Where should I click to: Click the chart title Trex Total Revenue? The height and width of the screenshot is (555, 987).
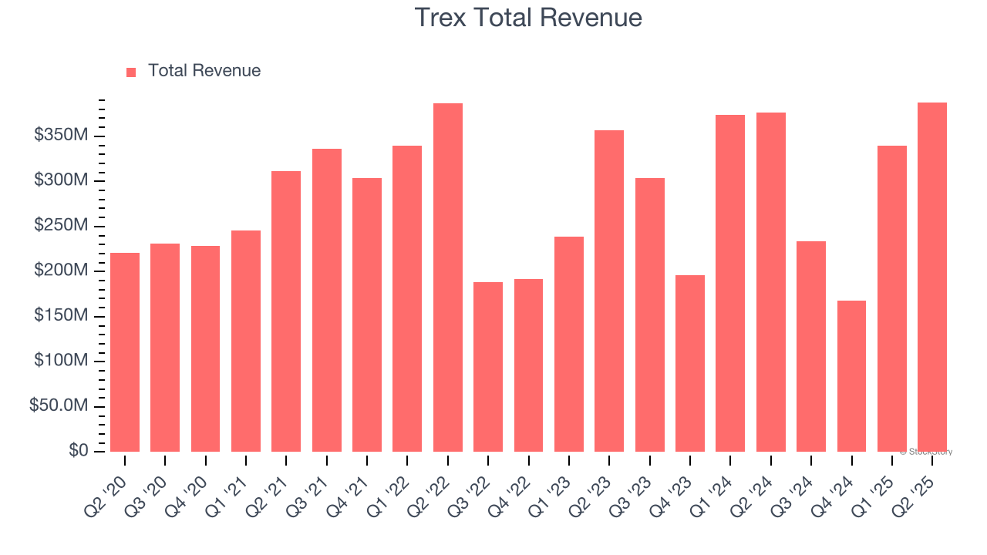(528, 17)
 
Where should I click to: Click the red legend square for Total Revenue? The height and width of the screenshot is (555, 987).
(131, 72)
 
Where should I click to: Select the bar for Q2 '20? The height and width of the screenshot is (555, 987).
(125, 351)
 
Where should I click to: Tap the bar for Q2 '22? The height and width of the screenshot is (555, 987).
(448, 277)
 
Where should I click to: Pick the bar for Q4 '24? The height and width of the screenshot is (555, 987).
(851, 376)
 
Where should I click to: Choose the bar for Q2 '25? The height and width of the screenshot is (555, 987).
(932, 277)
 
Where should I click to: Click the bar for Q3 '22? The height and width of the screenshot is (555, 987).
(488, 367)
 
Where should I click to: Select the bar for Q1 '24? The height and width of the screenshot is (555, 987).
(730, 283)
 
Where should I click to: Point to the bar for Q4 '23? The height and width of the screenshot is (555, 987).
(690, 363)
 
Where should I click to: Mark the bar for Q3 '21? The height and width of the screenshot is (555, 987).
(327, 300)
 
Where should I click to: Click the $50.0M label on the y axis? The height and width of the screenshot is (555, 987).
(59, 405)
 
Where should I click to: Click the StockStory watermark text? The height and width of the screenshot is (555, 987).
(926, 452)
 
